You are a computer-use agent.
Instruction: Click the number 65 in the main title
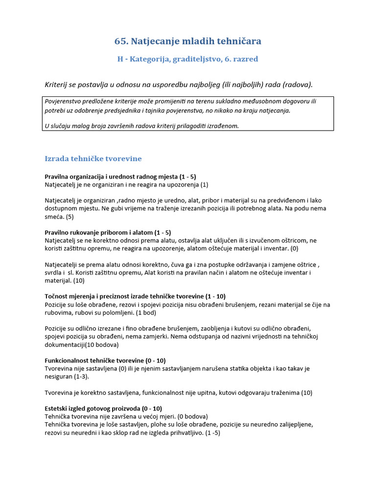coord(121,42)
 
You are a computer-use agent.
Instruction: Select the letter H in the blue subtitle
coord(120,59)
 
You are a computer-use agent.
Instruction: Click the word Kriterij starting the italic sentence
coord(56,85)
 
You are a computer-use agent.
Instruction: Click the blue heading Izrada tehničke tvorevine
coord(93,159)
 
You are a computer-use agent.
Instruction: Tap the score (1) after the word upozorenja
coord(204,184)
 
